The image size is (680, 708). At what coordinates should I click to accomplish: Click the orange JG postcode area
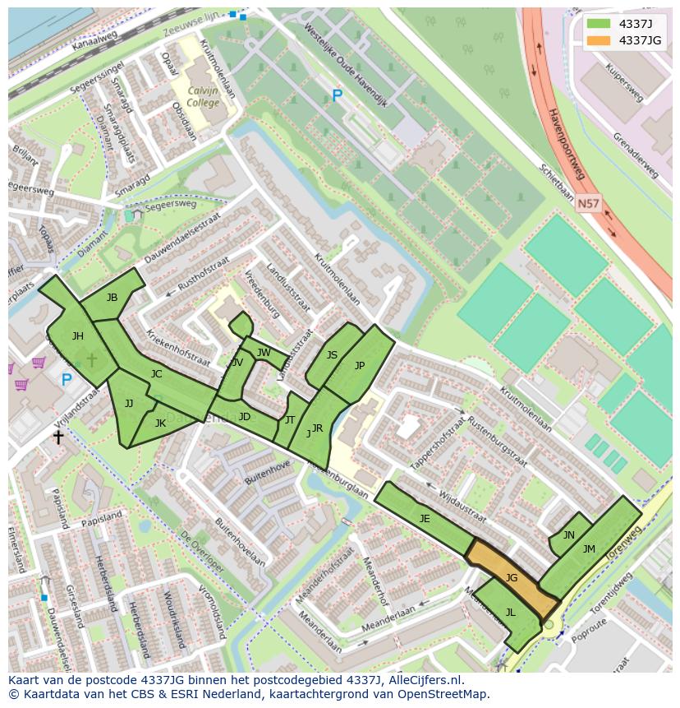[512, 579]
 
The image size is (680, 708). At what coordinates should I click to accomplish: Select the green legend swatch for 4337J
[598, 23]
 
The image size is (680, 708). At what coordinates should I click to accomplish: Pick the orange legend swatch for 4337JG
[598, 40]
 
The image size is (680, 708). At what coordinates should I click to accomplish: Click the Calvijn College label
[203, 97]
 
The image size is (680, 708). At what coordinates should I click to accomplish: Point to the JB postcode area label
[112, 298]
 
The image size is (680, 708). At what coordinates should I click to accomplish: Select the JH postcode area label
[77, 335]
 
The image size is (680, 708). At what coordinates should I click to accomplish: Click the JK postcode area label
[160, 423]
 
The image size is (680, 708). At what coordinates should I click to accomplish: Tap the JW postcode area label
[263, 353]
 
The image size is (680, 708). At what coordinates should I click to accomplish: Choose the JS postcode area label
[332, 355]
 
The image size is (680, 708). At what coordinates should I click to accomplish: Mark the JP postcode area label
[359, 366]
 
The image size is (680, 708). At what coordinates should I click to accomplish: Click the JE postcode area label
[425, 518]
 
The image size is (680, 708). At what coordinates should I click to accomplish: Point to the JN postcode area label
[568, 534]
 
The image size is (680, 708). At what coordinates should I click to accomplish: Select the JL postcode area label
[510, 612]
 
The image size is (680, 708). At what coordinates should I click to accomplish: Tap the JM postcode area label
[589, 548]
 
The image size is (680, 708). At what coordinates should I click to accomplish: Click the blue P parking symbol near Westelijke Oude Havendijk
[337, 96]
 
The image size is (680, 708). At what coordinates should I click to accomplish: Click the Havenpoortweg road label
[566, 143]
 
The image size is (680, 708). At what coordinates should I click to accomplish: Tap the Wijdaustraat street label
[462, 507]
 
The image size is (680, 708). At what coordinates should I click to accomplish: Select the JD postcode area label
[244, 417]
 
